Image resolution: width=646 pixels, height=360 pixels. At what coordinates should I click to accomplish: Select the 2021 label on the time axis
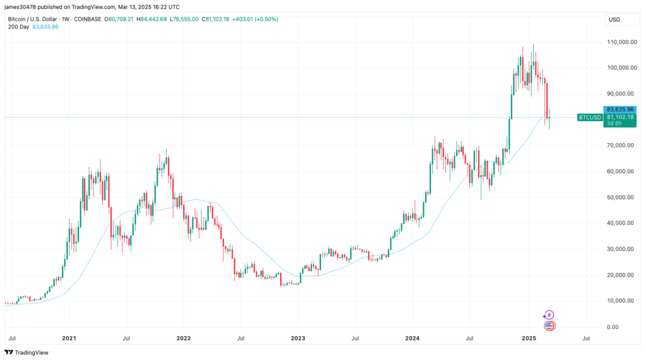tap(69, 339)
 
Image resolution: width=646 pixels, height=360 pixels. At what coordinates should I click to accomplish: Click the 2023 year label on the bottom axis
tap(298, 339)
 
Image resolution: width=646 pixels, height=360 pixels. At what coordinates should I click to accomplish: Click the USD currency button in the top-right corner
tap(614, 20)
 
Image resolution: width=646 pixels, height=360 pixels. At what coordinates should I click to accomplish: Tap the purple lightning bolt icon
tap(549, 315)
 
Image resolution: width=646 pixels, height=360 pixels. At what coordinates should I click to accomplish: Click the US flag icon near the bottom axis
tap(549, 325)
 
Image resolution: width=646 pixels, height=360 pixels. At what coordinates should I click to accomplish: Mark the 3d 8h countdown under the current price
tap(614, 124)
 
